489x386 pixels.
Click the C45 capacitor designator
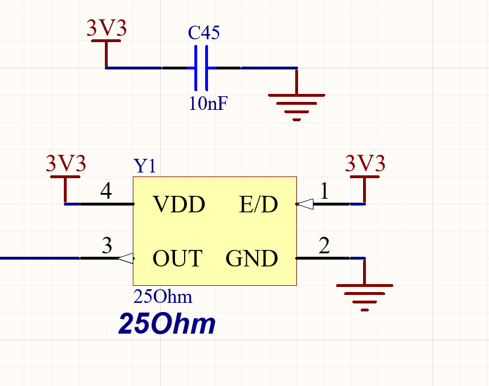[203, 33]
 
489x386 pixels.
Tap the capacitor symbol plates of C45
[201, 68]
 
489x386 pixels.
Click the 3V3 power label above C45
[106, 28]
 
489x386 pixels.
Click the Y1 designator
[145, 166]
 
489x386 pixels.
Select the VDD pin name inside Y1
[178, 204]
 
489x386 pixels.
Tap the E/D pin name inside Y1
[258, 204]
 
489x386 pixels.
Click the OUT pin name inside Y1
[177, 259]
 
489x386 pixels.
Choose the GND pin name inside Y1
[251, 259]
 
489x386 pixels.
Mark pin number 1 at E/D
[324, 191]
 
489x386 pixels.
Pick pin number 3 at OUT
[107, 246]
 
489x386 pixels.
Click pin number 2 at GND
[324, 246]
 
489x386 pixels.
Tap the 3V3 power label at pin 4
[66, 164]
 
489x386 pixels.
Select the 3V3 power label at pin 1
[365, 164]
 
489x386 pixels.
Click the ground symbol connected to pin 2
[365, 293]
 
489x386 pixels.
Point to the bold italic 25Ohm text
[166, 324]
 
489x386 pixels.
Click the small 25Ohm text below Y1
[162, 297]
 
